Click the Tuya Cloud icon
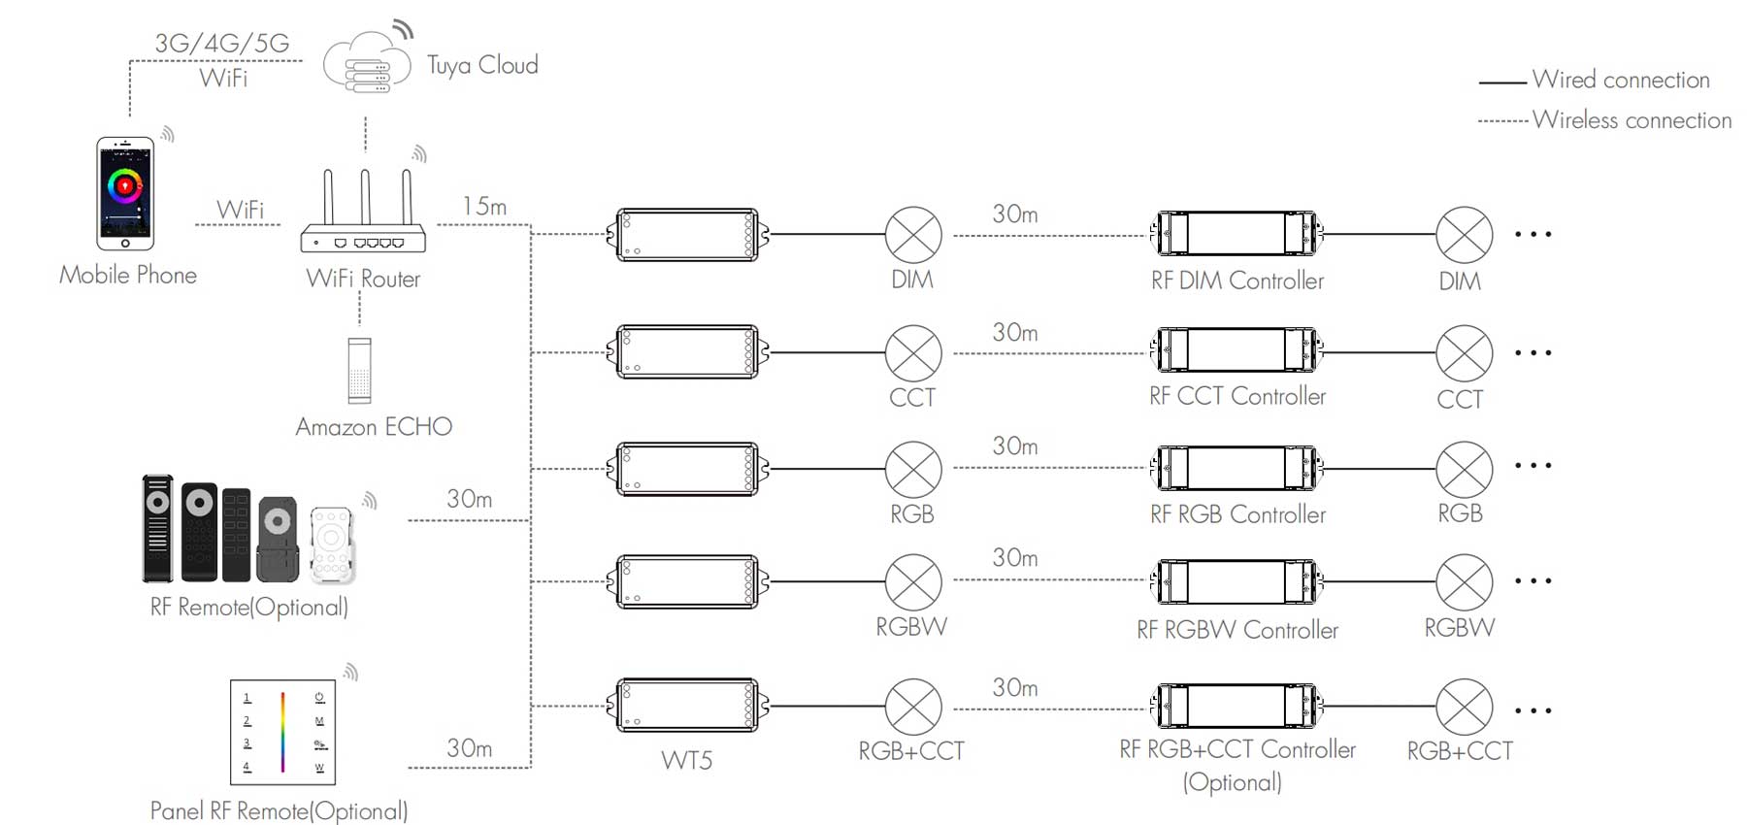(x=365, y=65)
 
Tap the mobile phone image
(x=125, y=193)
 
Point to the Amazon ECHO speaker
(x=359, y=370)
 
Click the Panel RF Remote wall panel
(x=282, y=732)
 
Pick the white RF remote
(x=331, y=544)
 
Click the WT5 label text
(x=687, y=760)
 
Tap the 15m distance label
(x=484, y=207)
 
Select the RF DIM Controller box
(x=1236, y=234)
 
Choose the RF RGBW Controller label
(x=1237, y=630)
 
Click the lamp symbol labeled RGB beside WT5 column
(x=913, y=470)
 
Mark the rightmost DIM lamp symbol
(x=1464, y=235)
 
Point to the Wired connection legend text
(x=1621, y=80)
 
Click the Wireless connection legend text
(x=1632, y=120)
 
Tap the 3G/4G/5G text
(x=222, y=43)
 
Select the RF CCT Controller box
(x=1236, y=350)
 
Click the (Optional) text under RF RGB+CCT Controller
(x=1233, y=782)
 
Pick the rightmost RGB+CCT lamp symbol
(x=1464, y=707)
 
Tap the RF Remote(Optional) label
(x=249, y=608)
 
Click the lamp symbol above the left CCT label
(x=913, y=353)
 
